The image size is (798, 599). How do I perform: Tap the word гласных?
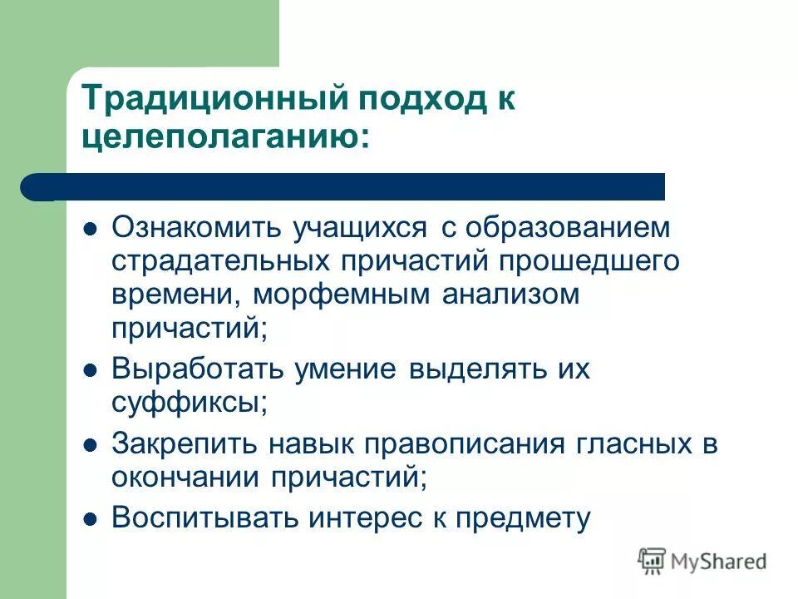tap(639, 444)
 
